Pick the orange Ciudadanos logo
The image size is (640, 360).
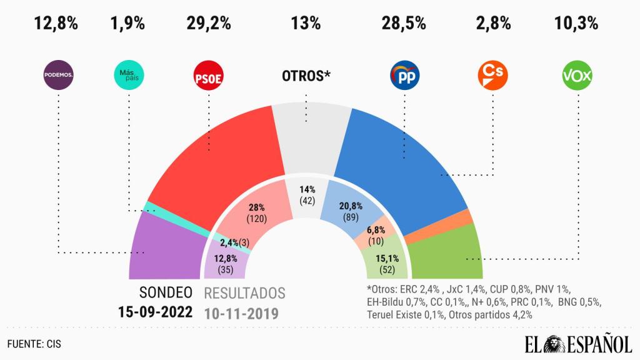[492, 76]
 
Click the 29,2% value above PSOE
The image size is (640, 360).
[208, 24]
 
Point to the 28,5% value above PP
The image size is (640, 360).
[404, 24]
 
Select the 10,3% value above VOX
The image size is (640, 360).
[576, 24]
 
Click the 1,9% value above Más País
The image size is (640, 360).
[127, 24]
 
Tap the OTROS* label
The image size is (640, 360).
[306, 76]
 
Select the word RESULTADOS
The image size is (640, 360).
[244, 293]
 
